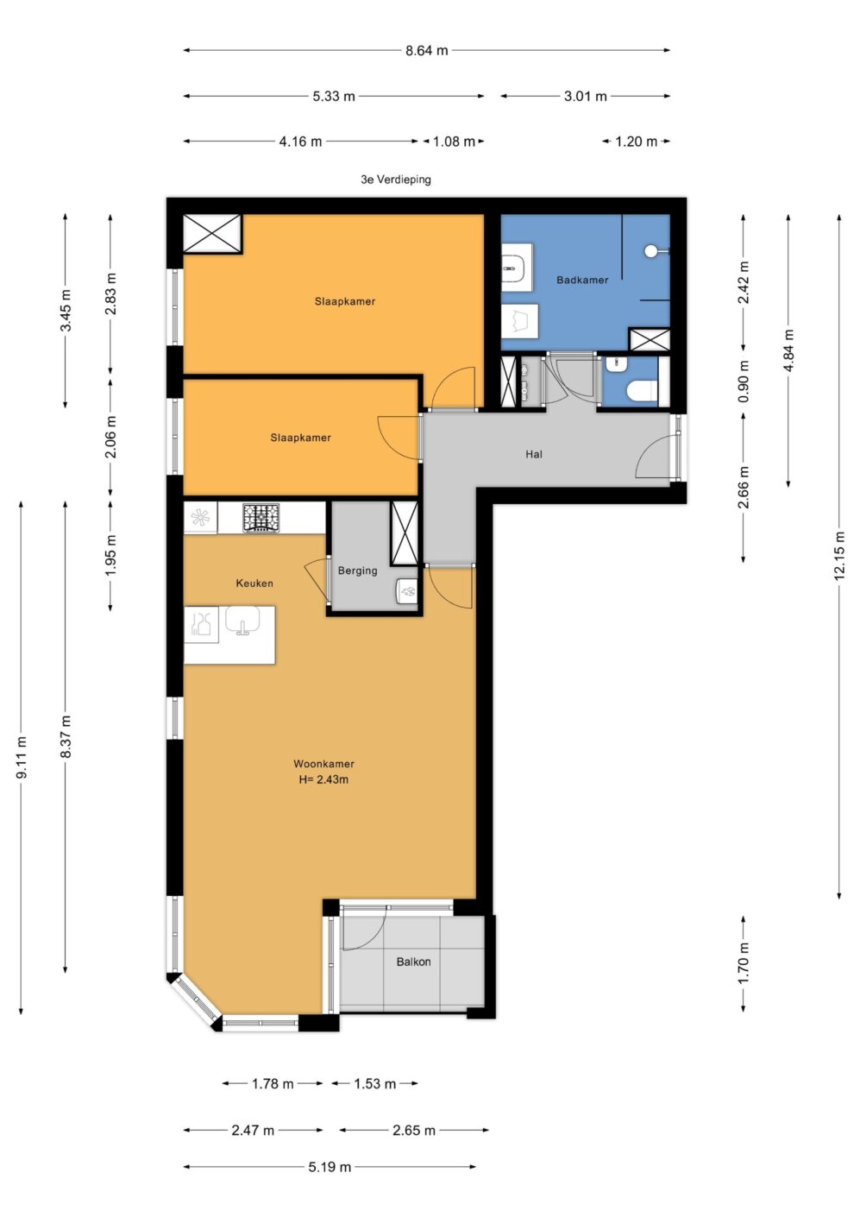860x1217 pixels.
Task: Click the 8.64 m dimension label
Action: pos(427,51)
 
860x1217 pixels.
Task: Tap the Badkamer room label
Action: pos(582,280)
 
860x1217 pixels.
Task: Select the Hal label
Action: pos(534,454)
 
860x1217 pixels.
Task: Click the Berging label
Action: pos(357,571)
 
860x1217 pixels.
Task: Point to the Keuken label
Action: pos(254,583)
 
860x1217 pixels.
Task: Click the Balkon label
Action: pos(414,962)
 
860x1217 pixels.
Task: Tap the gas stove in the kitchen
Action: pos(261,518)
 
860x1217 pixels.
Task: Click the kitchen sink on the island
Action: pos(242,620)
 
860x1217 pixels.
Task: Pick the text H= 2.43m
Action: pos(323,779)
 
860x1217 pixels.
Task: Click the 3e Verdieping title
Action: pos(396,180)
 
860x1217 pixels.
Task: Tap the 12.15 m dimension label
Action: pos(840,555)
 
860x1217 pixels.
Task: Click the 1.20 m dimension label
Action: pos(636,142)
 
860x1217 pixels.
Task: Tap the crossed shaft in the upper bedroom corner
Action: pos(211,233)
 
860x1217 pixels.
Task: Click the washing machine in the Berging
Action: pos(407,591)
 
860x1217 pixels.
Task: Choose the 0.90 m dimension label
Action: pos(744,381)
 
